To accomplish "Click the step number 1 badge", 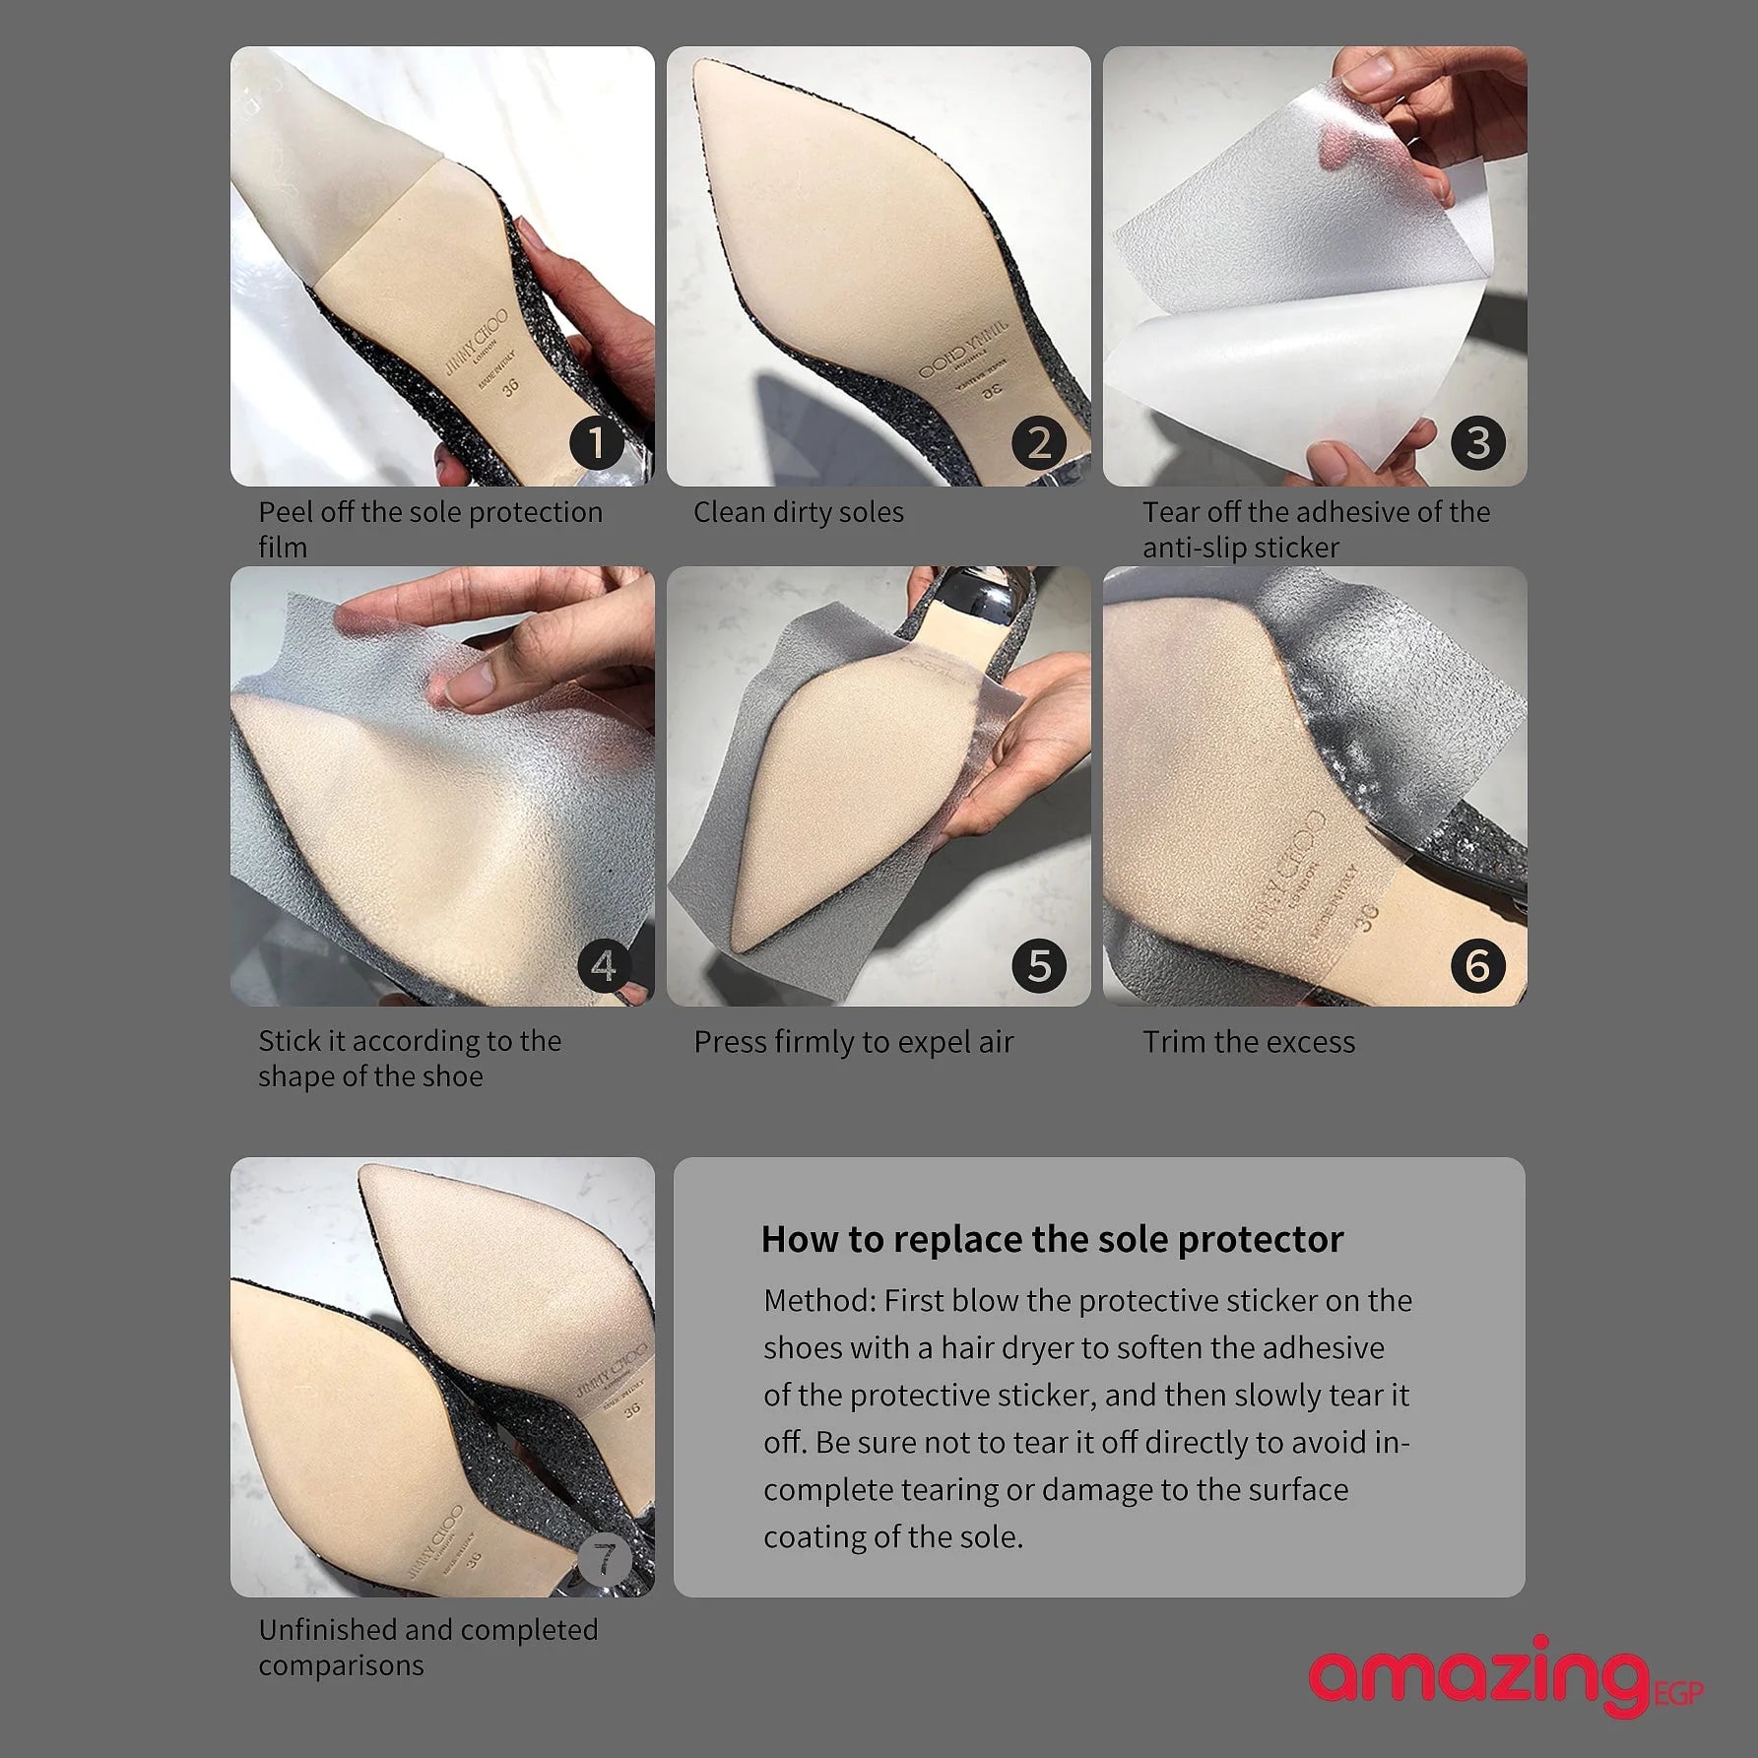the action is tap(597, 442).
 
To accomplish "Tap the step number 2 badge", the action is tap(1039, 442).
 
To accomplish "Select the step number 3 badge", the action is tap(1477, 442).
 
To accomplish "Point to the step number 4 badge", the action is tap(604, 965).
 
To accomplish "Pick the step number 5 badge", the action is tap(1039, 965).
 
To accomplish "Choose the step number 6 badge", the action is tap(1477, 965).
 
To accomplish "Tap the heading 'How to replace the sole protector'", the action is tap(1052, 1239).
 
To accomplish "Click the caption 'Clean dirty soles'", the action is tap(798, 512).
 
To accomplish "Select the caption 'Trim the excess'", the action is tap(1249, 1042).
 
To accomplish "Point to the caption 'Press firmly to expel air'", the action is tap(853, 1043).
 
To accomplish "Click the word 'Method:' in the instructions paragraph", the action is tap(819, 1300).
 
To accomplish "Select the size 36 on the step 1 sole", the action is tap(510, 387).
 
